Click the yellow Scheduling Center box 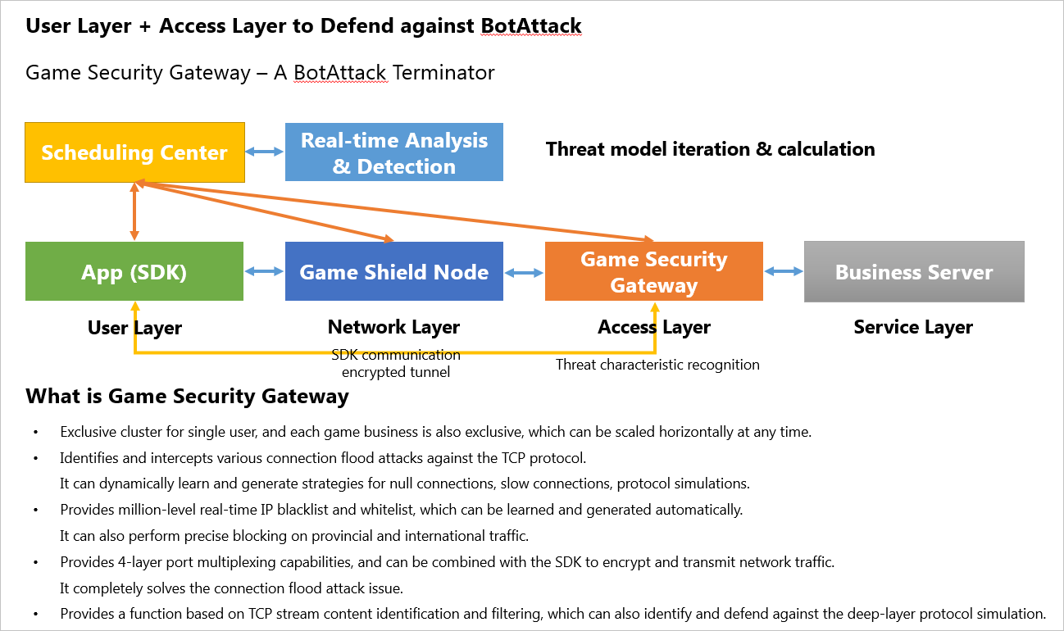point(134,152)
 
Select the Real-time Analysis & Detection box point(393,152)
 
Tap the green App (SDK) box point(134,272)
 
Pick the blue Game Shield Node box point(393,272)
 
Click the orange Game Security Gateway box point(653,272)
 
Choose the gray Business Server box point(914,272)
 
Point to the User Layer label point(134,329)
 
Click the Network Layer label point(393,328)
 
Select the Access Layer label point(653,328)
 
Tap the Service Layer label point(913,328)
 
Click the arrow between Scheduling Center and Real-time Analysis point(265,152)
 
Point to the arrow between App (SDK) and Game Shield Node point(264,271)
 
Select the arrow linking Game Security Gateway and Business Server point(784,271)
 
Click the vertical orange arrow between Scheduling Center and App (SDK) point(134,211)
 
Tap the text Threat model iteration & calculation point(710,149)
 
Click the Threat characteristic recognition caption point(657,365)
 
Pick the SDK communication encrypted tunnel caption point(396,363)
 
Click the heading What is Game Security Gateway point(187,397)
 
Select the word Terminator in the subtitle point(443,72)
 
